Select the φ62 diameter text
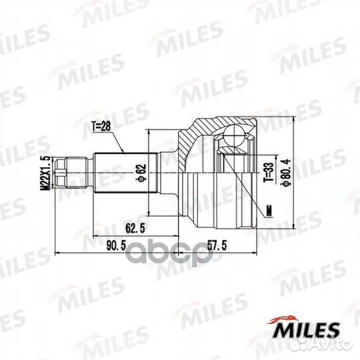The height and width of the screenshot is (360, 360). (x=141, y=172)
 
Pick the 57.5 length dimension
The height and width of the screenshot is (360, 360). (x=217, y=245)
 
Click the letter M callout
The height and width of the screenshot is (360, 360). (x=268, y=212)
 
